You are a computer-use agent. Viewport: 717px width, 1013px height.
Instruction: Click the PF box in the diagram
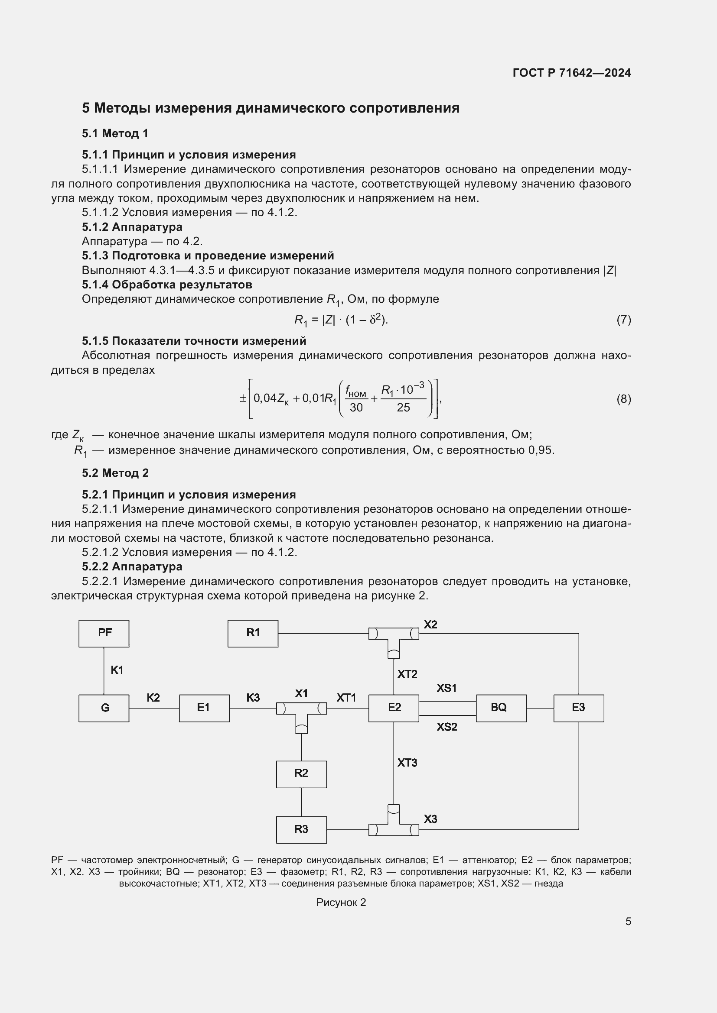point(104,633)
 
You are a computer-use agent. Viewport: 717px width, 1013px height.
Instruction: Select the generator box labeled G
point(104,708)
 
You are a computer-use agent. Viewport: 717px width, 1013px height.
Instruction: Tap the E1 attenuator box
point(204,708)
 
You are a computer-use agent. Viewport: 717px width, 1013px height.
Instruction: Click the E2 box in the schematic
point(393,708)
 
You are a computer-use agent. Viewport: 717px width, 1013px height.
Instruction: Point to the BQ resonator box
point(501,708)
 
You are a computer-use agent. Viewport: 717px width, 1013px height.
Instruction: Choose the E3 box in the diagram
point(578,708)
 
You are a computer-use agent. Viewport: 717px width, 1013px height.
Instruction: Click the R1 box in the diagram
point(253,633)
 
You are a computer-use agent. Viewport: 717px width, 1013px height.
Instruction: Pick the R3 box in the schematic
point(301,829)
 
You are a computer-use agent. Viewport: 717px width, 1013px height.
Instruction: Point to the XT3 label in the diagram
point(407,763)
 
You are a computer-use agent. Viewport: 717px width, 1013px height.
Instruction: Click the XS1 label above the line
point(447,688)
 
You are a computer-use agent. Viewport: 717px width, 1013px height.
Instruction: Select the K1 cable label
point(117,670)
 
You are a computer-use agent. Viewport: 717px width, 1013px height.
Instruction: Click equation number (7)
point(623,320)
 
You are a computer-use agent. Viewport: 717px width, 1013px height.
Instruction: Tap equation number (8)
point(623,399)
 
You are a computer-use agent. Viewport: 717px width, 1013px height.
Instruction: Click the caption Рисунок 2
point(341,902)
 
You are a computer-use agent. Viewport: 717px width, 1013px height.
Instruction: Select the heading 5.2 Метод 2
point(115,473)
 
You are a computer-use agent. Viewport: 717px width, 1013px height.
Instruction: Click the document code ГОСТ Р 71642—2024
point(572,73)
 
